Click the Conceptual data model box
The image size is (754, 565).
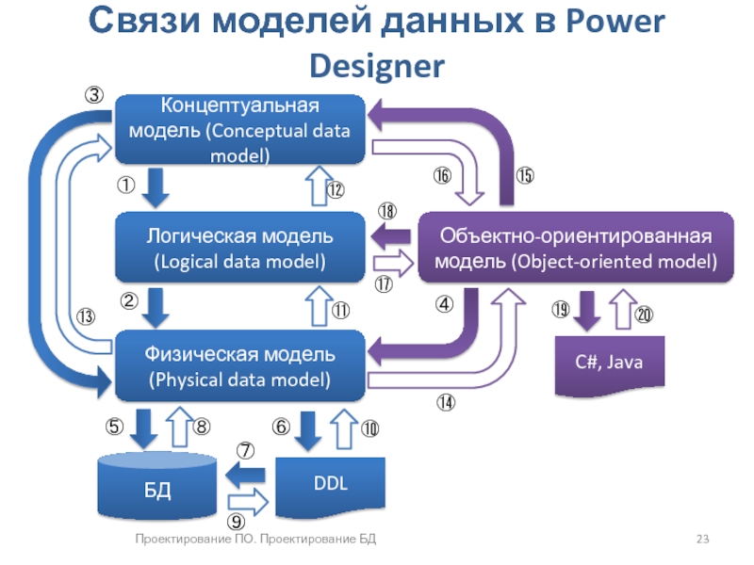coord(239,130)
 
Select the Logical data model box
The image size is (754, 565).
coord(239,248)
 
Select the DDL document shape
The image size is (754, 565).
coord(330,483)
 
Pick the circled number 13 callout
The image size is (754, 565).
coord(85,317)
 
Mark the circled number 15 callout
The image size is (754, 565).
coord(525,175)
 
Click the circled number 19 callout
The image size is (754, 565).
coord(561,309)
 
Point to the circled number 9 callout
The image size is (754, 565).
coord(237,520)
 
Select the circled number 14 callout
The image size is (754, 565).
coord(446,402)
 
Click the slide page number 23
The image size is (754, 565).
coord(702,540)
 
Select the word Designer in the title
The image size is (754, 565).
coord(376,65)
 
